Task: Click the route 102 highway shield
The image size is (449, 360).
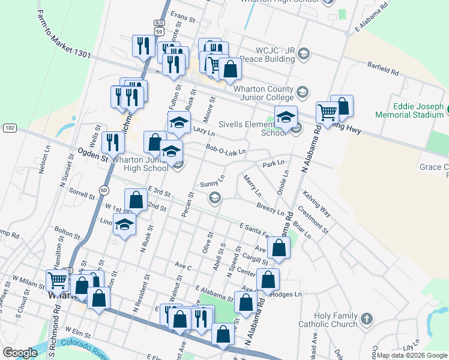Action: point(10,128)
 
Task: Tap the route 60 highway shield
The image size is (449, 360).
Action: point(104,190)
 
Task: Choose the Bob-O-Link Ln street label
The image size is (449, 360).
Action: point(226,149)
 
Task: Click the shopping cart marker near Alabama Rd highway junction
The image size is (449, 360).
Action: point(327,112)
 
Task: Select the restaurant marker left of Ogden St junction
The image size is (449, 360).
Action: point(113,142)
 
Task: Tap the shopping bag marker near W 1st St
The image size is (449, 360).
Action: point(136,200)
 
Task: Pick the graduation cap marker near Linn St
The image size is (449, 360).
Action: point(124,225)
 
